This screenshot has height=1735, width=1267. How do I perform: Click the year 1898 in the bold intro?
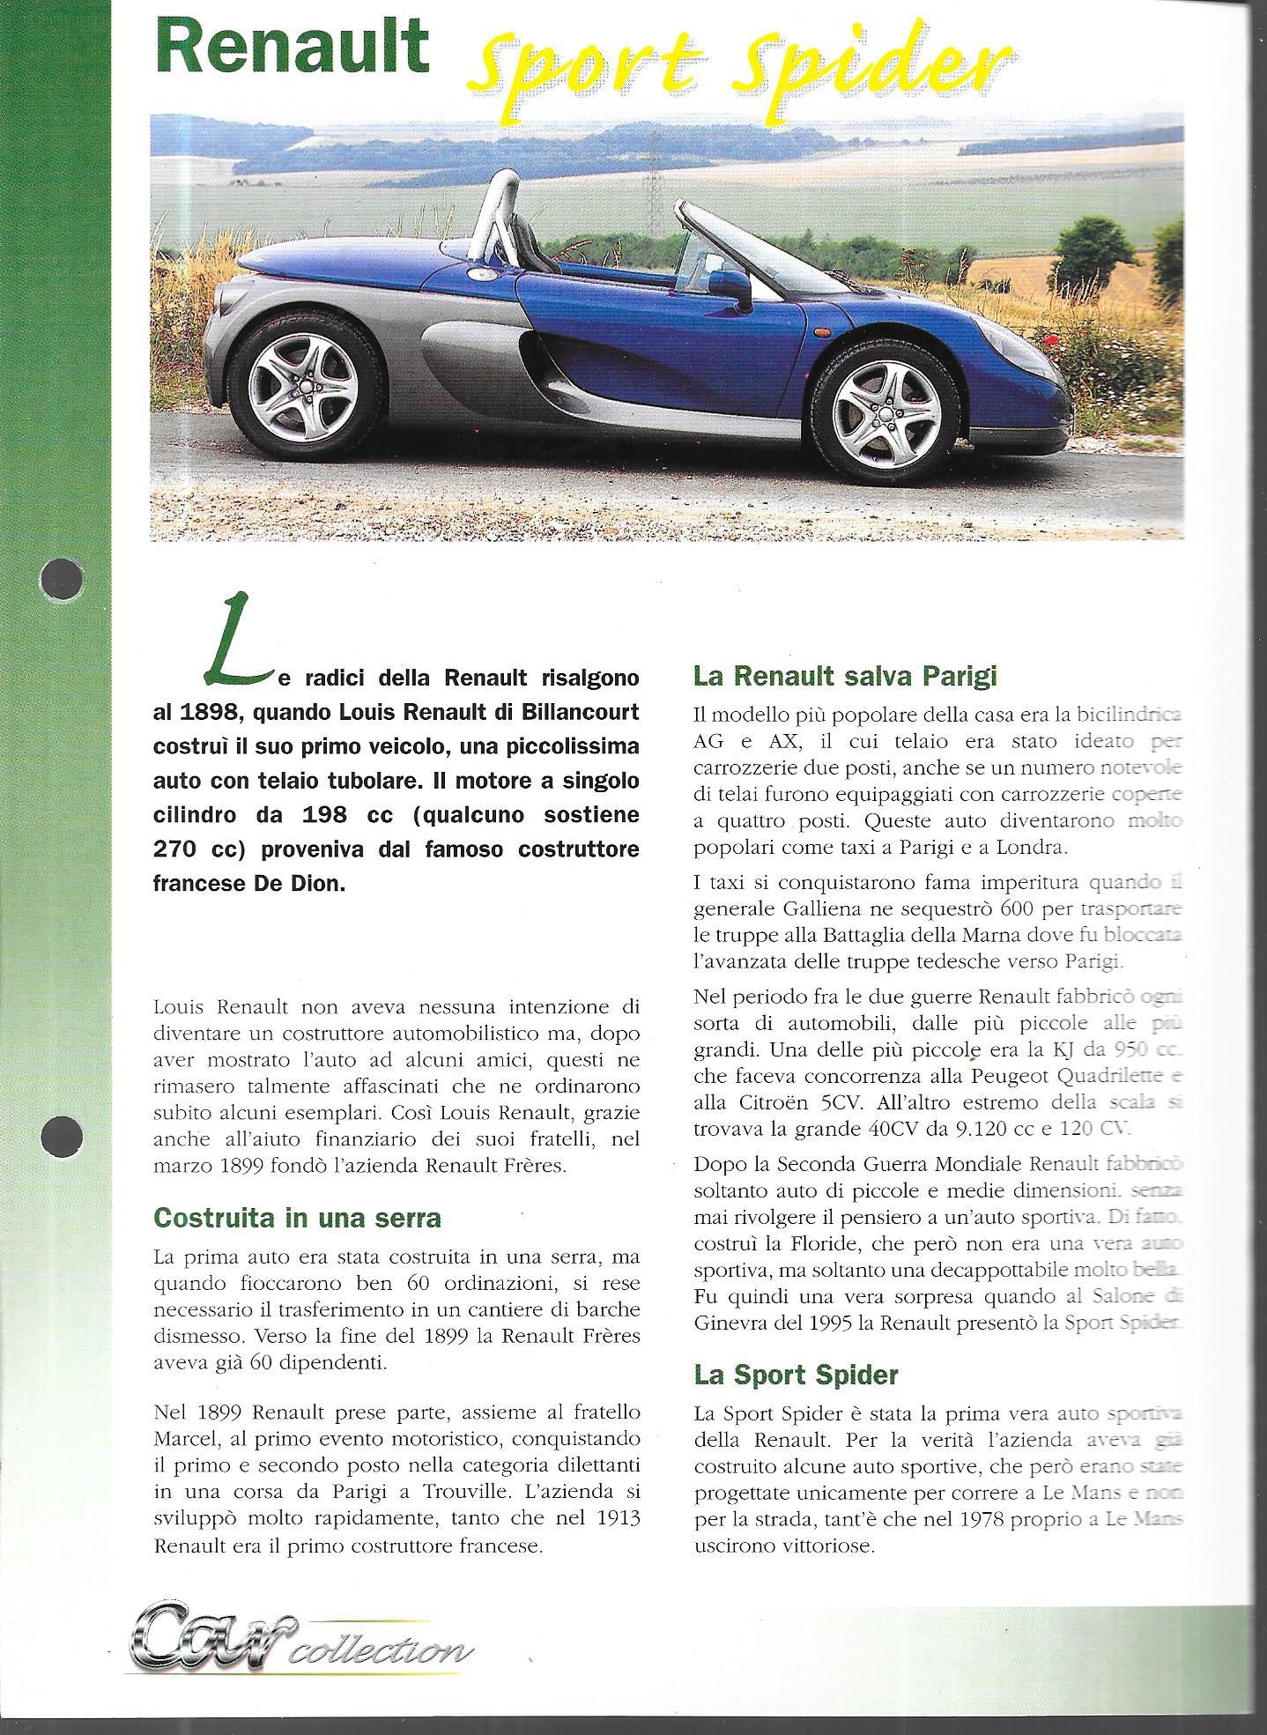[x=204, y=713]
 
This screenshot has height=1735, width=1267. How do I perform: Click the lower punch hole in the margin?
[x=61, y=1131]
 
